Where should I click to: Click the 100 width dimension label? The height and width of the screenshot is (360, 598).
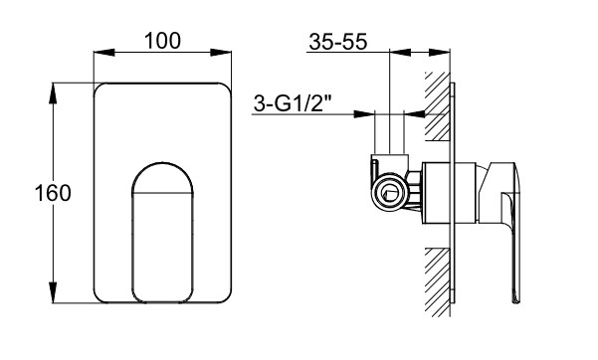(x=162, y=41)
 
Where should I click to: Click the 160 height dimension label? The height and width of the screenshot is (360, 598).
(x=53, y=193)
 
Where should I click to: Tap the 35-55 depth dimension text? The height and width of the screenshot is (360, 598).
(x=338, y=42)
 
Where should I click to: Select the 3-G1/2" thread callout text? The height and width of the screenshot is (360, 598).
(x=293, y=103)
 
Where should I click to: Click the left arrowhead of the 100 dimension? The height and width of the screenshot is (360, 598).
(x=103, y=53)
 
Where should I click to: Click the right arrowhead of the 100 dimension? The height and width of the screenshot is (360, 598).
(x=221, y=53)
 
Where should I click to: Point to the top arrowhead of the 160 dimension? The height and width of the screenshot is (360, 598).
(x=53, y=93)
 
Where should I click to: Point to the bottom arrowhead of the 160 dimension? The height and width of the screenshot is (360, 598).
(x=53, y=292)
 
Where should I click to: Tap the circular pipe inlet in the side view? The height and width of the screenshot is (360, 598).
(x=389, y=192)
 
